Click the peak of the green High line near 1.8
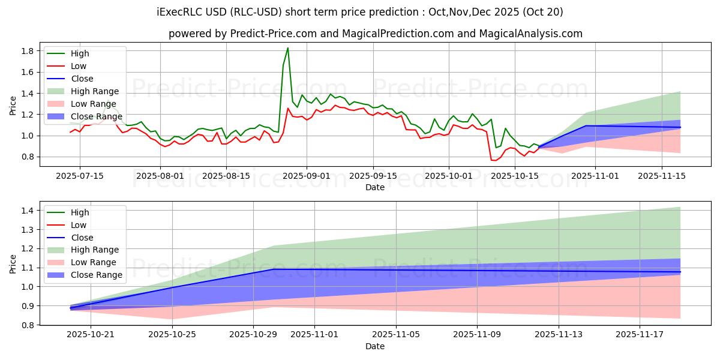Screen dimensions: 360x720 [288, 48]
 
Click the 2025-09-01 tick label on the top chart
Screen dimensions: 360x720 [307, 176]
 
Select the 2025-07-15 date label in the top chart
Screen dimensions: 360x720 [80, 176]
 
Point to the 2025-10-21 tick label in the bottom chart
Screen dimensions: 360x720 [91, 334]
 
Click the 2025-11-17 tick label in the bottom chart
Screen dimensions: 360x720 [640, 334]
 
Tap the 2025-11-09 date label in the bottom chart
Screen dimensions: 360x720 [477, 334]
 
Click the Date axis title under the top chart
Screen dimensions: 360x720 [375, 187]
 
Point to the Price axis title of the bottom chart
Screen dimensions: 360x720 [13, 264]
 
